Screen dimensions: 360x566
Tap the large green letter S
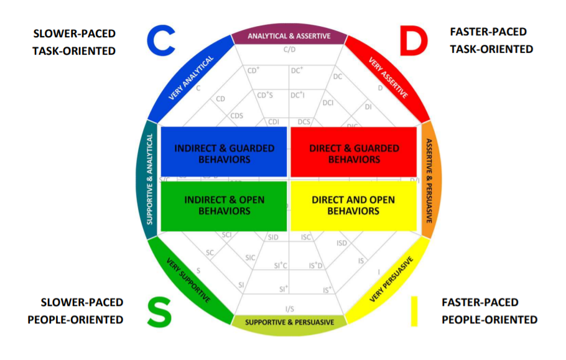click(159, 313)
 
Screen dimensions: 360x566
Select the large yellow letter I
click(414, 312)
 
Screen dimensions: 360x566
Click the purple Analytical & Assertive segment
click(289, 36)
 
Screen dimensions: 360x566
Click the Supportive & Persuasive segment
click(289, 322)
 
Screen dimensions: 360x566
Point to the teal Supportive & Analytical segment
click(150, 180)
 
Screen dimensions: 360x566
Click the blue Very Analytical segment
click(190, 78)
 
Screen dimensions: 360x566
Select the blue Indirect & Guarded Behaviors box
click(224, 153)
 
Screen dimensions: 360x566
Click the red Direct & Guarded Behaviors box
click(354, 153)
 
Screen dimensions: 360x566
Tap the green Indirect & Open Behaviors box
click(224, 205)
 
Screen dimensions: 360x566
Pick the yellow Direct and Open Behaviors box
click(353, 205)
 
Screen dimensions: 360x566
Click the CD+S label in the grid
click(265, 95)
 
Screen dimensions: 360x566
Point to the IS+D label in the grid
click(317, 265)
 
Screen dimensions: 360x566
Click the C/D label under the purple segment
click(289, 50)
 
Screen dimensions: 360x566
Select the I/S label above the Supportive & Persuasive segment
click(290, 308)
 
